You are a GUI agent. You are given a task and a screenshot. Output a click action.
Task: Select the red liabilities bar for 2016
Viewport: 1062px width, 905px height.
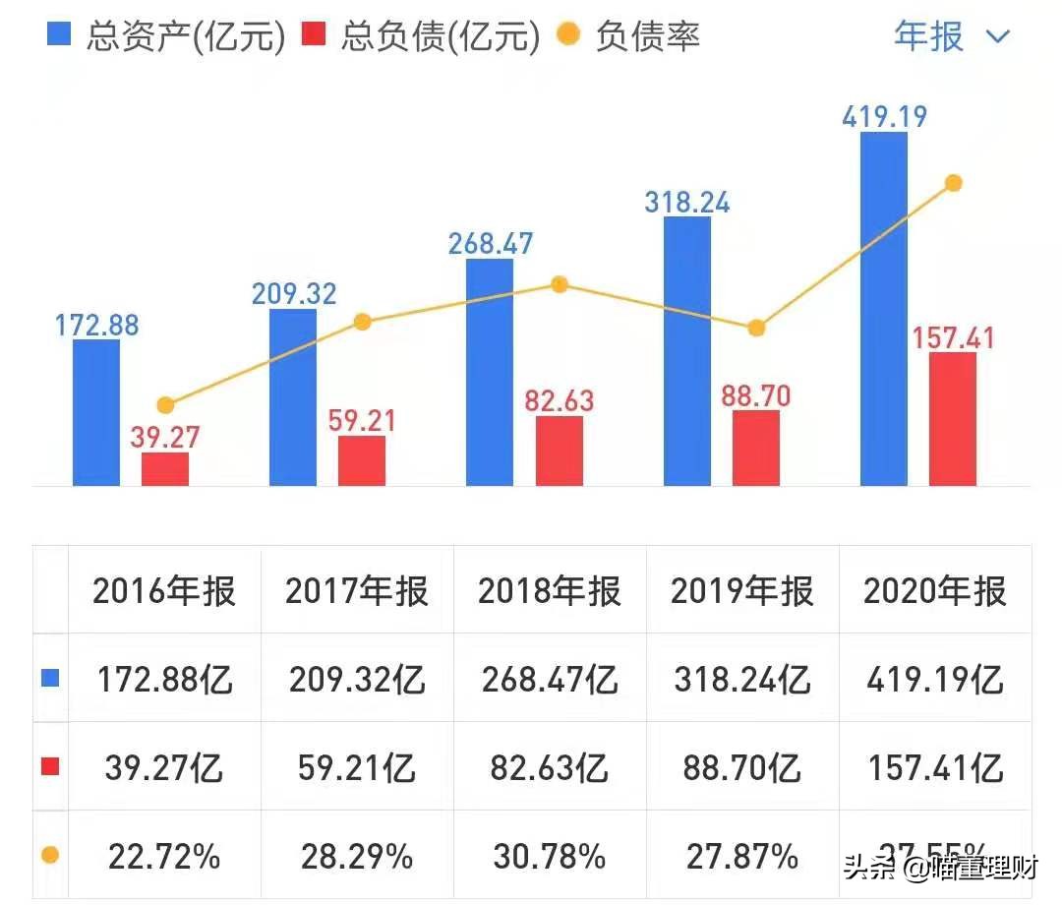165,469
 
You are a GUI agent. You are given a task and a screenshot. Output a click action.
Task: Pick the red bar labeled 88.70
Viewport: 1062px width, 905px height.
755,448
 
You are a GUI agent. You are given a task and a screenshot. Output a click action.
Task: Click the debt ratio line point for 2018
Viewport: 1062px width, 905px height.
559,284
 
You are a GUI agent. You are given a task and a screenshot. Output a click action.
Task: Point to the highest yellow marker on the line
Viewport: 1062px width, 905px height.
952,183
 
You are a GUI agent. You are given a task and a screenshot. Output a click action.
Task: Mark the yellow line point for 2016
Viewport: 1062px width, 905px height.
165,405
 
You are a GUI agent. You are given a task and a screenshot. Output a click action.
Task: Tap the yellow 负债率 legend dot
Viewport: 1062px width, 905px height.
567,36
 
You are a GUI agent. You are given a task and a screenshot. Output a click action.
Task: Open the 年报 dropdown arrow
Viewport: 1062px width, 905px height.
997,37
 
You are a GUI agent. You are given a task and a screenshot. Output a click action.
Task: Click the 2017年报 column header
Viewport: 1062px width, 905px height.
357,591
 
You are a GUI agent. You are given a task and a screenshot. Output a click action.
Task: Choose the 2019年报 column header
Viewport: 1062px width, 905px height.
742,591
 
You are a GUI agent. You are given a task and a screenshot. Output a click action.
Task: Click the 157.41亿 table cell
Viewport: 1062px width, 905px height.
935,768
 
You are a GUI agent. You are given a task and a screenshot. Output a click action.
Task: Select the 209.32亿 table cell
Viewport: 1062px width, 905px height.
357,680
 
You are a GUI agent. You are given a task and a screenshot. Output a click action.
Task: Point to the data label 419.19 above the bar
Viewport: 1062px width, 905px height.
884,118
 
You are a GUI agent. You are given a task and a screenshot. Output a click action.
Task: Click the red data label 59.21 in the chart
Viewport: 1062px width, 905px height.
362,421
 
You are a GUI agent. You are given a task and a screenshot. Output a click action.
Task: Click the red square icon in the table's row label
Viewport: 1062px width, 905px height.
50,767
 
